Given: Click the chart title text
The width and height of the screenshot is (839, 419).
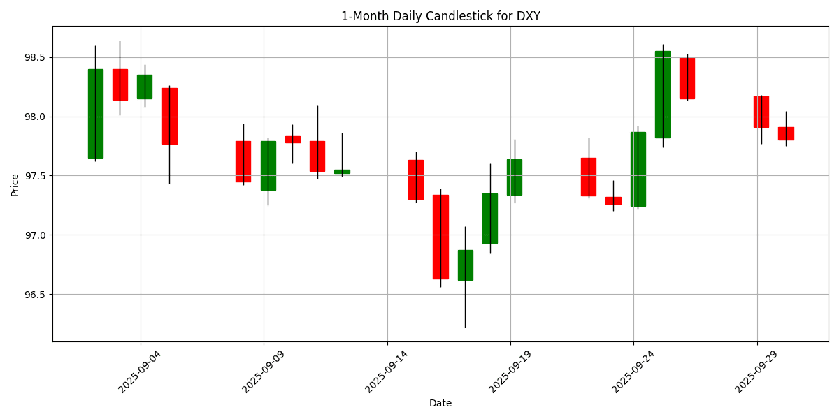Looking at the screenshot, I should (x=440, y=16).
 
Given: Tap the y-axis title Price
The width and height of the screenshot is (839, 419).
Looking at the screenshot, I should (x=15, y=184).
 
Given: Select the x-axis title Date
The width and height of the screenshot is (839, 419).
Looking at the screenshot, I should (x=440, y=403).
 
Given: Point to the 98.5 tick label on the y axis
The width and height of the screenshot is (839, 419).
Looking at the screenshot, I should (x=34, y=57).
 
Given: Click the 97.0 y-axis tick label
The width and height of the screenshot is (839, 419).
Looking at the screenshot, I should (x=34, y=235).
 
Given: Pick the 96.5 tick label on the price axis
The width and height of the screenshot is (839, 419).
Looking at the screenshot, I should (x=34, y=295).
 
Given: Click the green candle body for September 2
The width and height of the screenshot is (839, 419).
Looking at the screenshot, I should (x=96, y=113).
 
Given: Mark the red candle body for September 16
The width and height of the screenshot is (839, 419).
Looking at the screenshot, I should (x=440, y=237).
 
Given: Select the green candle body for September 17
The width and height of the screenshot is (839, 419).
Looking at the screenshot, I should (x=466, y=265).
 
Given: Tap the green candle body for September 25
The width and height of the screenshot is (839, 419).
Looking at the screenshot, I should (x=663, y=94).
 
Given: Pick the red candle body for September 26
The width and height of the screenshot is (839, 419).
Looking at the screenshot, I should (x=687, y=78).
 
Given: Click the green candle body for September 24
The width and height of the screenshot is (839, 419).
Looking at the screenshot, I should (x=638, y=169).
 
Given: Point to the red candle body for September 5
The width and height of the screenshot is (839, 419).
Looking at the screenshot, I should (x=169, y=116).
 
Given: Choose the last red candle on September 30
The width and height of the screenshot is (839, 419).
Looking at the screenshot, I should (x=786, y=133).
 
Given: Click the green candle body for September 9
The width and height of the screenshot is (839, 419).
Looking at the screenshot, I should (x=268, y=166).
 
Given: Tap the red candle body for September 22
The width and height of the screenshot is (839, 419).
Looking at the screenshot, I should (x=589, y=177).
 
